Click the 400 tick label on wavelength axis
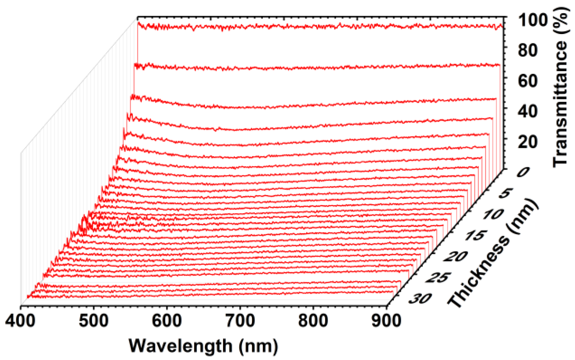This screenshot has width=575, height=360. tap(20, 321)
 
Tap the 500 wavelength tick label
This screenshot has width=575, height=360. tap(94, 321)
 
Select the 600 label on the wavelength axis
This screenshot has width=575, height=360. tap(167, 321)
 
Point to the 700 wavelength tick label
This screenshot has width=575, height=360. tap(240, 321)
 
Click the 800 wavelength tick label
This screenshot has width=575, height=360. tap(313, 321)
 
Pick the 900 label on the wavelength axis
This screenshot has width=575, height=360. tap(386, 321)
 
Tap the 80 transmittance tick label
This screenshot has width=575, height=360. tap(527, 50)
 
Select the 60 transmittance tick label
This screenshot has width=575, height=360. tap(527, 81)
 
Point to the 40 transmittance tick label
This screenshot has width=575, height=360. tap(527, 111)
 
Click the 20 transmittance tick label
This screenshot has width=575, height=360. tap(527, 142)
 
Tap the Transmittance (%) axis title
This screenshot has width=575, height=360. tap(561, 87)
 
